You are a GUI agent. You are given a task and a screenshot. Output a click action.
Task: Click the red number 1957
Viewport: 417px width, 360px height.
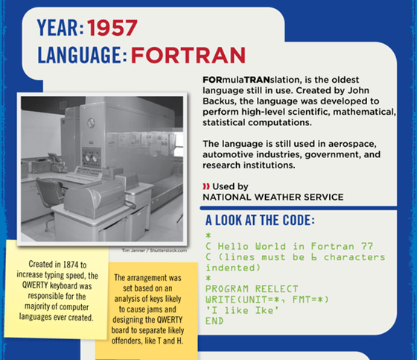tap(112, 28)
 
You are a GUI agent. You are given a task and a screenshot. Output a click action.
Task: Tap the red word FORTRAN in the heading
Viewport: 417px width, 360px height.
tap(188, 55)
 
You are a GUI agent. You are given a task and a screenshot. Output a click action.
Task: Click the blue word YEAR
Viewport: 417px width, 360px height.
tap(59, 28)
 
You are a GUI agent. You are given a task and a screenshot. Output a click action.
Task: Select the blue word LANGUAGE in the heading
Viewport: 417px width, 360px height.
tap(80, 55)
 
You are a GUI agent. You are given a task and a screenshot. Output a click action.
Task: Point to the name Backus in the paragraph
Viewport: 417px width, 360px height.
tap(219, 101)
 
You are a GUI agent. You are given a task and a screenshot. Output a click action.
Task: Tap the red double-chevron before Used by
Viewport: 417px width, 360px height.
tap(206, 186)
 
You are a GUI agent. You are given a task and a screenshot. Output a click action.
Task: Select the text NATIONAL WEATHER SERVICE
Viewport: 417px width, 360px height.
tap(273, 197)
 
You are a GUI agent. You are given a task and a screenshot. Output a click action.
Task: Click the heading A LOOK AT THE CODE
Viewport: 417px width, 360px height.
tap(260, 220)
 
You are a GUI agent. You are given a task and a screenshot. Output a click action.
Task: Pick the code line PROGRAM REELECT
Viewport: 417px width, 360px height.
tap(252, 289)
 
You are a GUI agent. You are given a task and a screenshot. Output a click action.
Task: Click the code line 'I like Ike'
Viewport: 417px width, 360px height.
tap(242, 311)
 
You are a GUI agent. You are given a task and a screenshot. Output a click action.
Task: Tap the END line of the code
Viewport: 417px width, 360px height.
tap(214, 321)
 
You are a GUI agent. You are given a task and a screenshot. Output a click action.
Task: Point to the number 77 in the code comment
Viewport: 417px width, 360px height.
tap(366, 246)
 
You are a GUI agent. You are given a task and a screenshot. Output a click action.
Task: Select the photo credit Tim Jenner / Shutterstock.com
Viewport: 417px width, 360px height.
tap(154, 250)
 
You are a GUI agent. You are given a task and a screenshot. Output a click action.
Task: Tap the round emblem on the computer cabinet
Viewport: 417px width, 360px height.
tap(91, 123)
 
